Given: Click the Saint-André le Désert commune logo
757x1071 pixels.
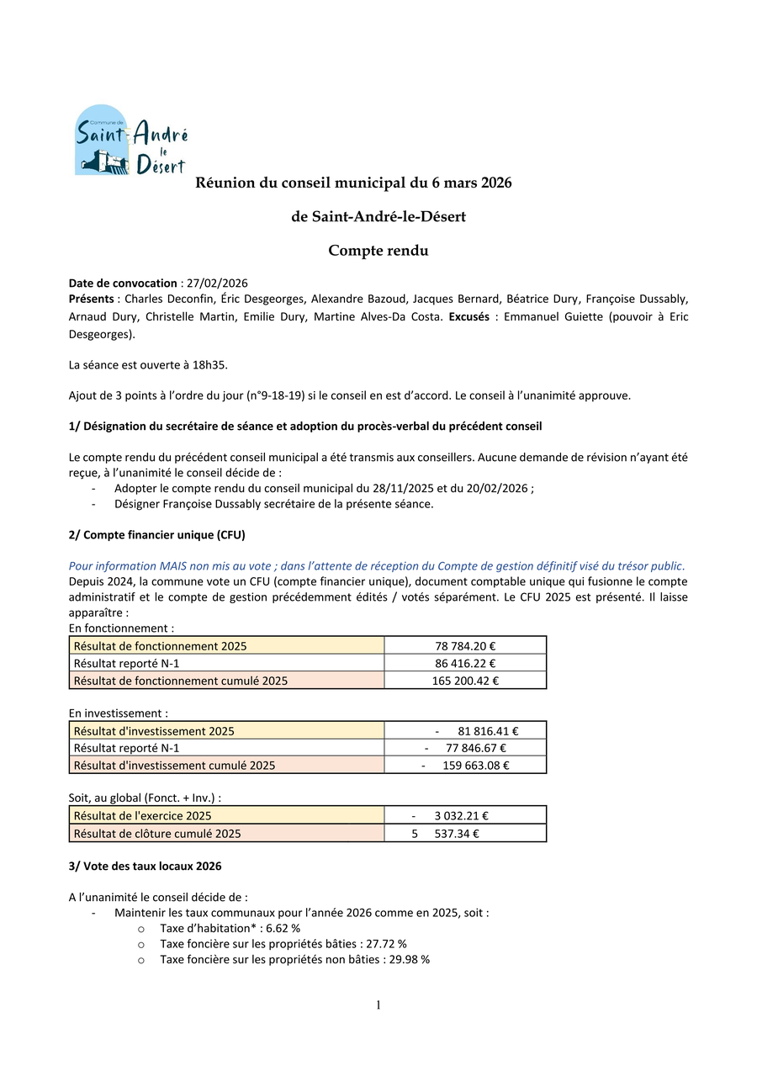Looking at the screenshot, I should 130,140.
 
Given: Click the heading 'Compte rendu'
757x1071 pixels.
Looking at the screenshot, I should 378,251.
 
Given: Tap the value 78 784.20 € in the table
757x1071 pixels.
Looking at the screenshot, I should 465,645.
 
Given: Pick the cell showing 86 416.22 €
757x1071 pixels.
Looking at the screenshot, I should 465,663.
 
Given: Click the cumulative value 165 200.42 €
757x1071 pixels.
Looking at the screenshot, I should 465,681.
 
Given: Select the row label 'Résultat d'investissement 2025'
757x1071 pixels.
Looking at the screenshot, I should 154,731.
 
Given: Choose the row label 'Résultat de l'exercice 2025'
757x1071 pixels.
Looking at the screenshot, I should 142,815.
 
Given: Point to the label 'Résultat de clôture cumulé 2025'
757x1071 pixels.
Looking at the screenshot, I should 157,833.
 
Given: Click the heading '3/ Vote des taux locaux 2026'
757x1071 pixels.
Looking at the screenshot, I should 145,866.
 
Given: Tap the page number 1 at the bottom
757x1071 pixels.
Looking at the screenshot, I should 378,1005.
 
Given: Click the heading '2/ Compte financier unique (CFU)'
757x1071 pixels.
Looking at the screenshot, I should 156,534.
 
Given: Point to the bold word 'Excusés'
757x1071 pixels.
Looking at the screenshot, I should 468,316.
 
